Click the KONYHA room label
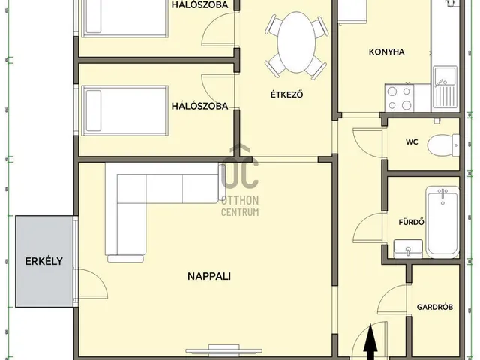click(x=387, y=52)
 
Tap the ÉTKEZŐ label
click(x=286, y=94)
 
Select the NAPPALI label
click(x=209, y=276)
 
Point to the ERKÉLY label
click(x=43, y=261)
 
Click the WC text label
click(x=412, y=142)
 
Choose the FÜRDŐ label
click(x=412, y=222)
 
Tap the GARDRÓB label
click(x=435, y=307)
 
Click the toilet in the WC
click(x=443, y=145)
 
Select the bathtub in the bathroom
click(x=442, y=223)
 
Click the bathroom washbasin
click(x=408, y=249)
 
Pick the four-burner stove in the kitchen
click(x=400, y=98)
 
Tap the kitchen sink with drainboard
click(x=445, y=88)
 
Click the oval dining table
click(x=296, y=42)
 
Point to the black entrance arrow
click(x=370, y=341)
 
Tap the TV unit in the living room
click(x=224, y=349)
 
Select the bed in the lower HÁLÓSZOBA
click(x=125, y=111)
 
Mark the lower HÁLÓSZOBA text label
click(x=199, y=106)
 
